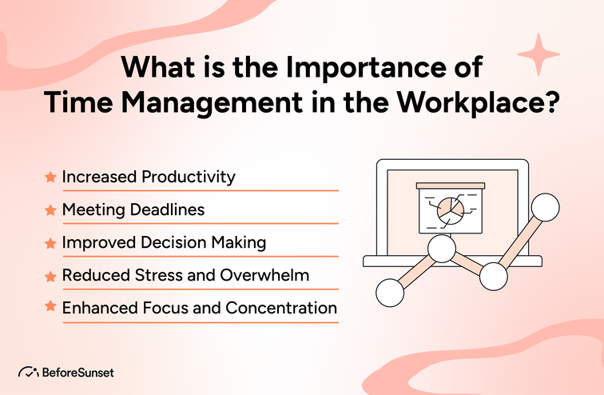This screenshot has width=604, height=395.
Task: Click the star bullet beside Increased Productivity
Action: coord(50,177)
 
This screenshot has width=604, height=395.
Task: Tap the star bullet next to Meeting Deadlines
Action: coord(50,209)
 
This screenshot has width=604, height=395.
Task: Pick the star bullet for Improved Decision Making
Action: coord(50,242)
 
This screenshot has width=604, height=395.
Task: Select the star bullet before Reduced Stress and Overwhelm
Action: coord(50,275)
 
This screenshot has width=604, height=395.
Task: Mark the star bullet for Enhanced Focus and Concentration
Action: coord(50,307)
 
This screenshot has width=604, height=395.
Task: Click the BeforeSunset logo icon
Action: coord(27,373)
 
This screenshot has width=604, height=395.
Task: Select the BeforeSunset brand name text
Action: coord(79,373)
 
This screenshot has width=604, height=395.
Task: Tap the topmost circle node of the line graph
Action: coord(546,208)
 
